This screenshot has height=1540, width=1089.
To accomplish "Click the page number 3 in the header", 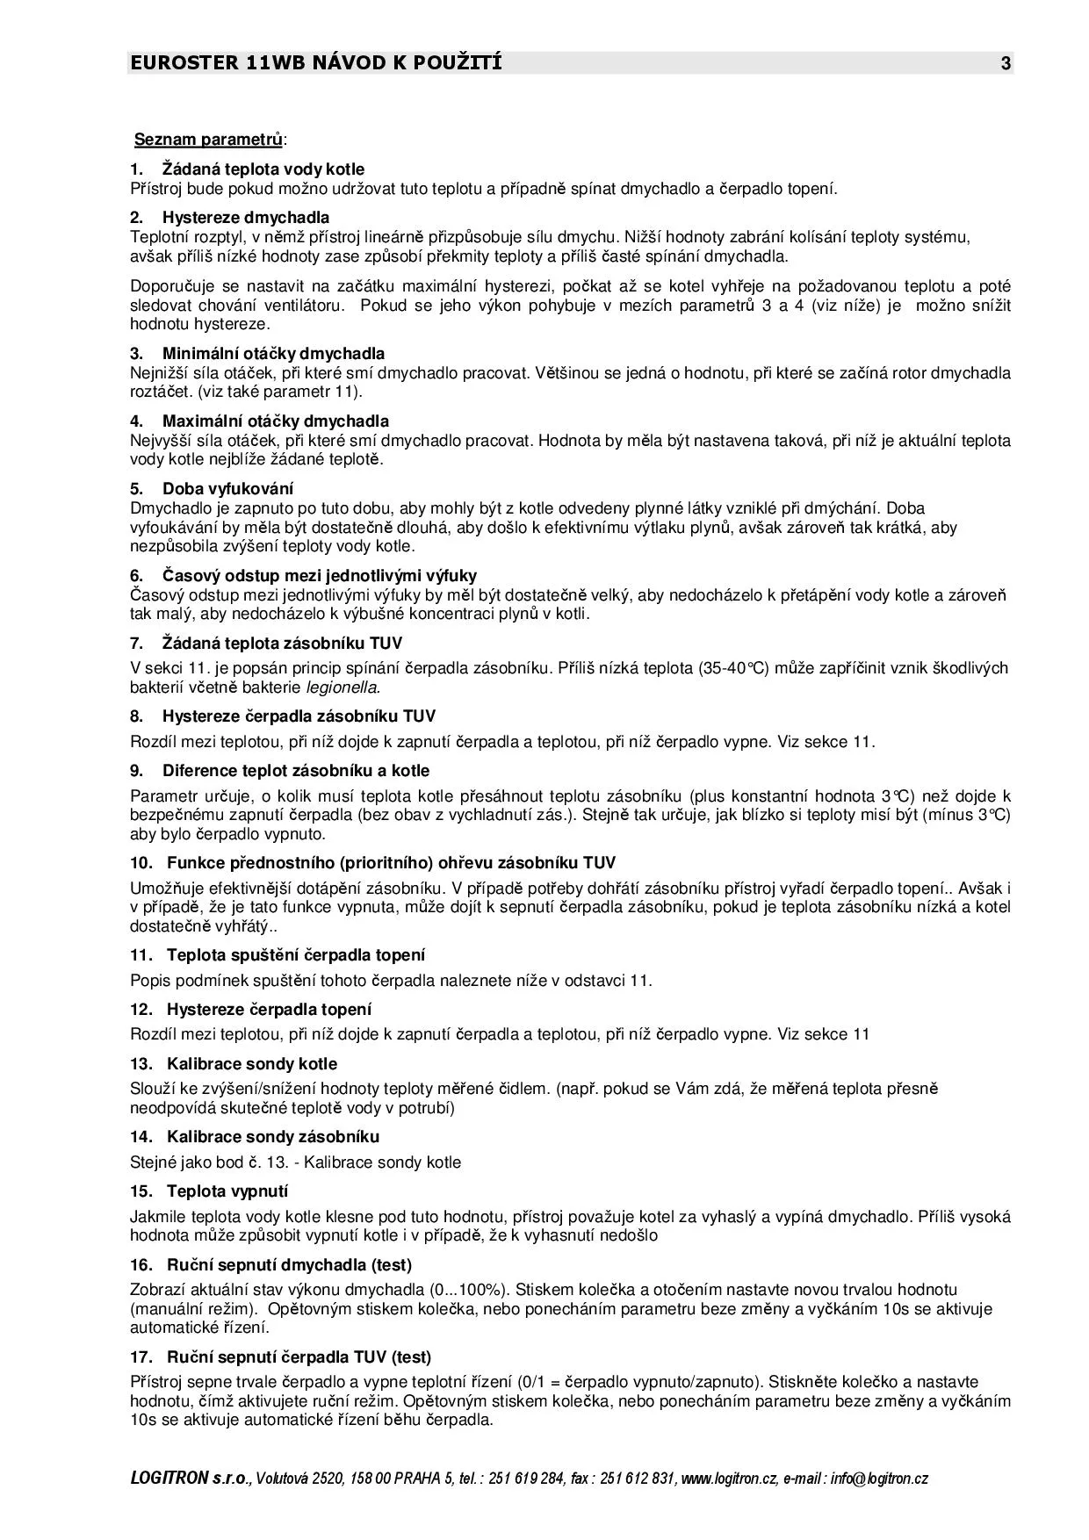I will [1006, 63].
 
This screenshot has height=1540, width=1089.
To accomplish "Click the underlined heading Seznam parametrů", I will [209, 140].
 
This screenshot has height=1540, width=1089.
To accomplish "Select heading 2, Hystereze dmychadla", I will [246, 217].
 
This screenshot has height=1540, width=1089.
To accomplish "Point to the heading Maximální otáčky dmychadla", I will [275, 421].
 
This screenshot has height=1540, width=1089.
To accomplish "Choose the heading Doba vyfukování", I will [227, 489].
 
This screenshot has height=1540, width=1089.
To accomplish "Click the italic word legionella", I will [343, 687].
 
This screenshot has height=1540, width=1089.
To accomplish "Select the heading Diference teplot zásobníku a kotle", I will [295, 771].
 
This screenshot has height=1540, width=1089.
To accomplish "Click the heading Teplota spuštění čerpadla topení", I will [295, 955].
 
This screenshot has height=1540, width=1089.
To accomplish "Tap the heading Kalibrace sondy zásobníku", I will [272, 1137].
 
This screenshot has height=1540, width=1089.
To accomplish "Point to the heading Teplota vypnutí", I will [227, 1191].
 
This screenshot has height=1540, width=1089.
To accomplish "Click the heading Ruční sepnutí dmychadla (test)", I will [289, 1265].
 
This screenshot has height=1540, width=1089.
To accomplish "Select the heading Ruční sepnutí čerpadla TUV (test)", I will [299, 1357].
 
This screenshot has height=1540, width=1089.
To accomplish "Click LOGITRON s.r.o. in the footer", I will [191, 1479].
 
